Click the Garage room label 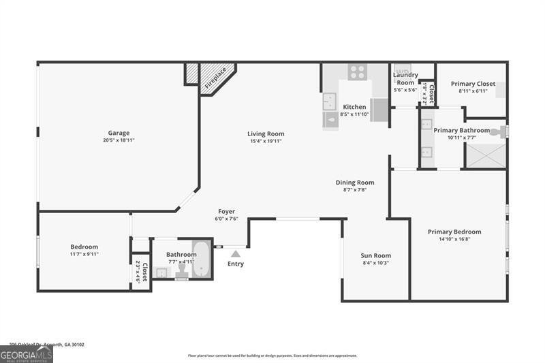119,133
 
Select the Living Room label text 266,134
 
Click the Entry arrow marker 235,253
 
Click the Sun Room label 375,256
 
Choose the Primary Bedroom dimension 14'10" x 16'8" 454,239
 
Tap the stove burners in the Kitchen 357,72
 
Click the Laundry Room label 405,78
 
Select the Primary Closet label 473,84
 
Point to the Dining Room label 355,183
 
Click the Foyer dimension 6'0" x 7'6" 227,219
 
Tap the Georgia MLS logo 27,354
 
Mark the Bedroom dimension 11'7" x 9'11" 84,254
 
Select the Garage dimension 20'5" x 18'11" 119,141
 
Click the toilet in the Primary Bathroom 501,131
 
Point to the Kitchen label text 354,107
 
